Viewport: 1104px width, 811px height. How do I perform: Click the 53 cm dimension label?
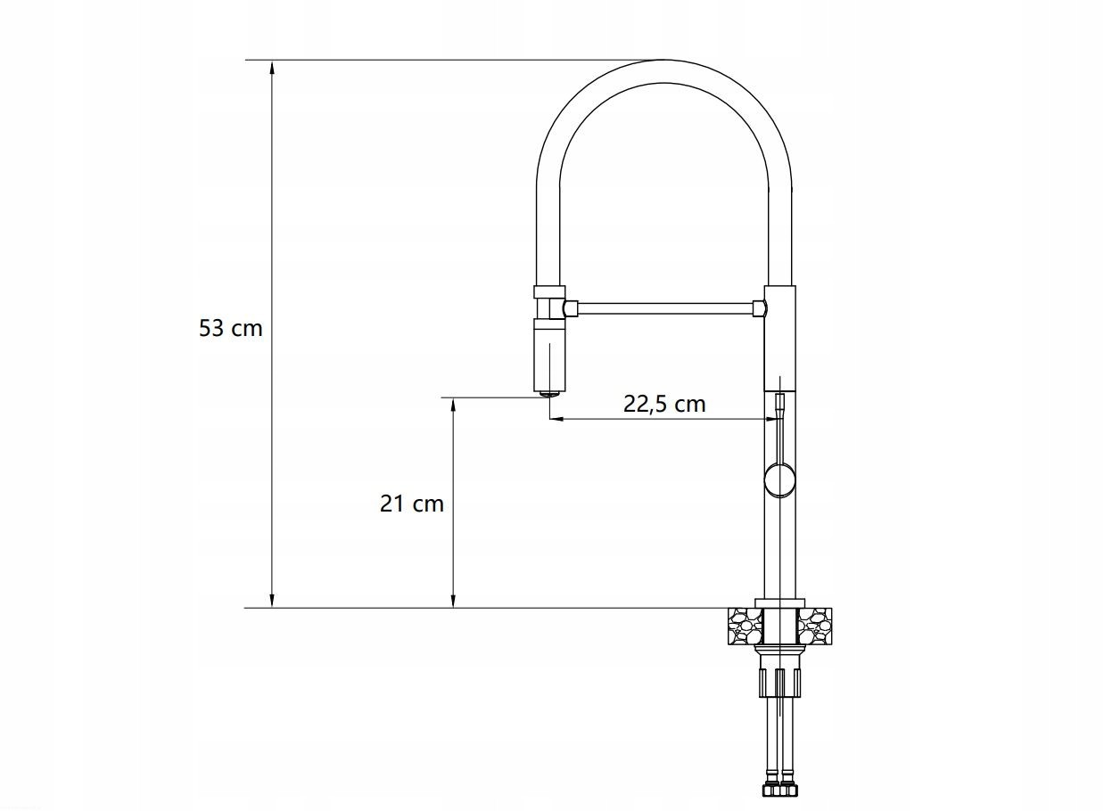(231, 328)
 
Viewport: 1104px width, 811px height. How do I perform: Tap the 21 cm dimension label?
(411, 504)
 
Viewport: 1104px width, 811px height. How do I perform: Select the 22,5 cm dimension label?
(664, 404)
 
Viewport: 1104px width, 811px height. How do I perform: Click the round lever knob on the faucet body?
(779, 479)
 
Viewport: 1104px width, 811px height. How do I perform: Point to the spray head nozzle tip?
(549, 393)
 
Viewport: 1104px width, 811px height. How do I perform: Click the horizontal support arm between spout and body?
(665, 308)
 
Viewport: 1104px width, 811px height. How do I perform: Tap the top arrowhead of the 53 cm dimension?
(272, 67)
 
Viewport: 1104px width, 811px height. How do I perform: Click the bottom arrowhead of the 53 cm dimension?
(272, 601)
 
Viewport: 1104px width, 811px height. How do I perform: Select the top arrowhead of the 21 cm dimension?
(453, 405)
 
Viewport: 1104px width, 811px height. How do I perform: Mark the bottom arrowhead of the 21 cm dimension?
(453, 601)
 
